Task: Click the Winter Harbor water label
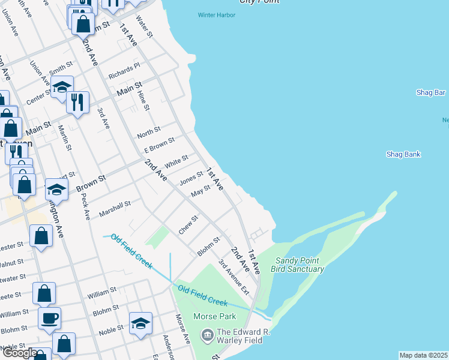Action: coord(217,15)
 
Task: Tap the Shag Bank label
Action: coord(403,154)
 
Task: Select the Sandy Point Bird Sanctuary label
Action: coord(300,265)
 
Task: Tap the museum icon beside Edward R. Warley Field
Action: coord(207,334)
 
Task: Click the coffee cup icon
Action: coord(49,317)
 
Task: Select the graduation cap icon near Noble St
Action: coord(140,323)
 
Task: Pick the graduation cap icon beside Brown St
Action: coord(56,190)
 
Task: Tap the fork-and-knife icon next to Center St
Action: coord(77,102)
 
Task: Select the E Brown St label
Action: coord(159,145)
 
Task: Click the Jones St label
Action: coord(191,178)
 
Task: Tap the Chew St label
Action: coord(188,225)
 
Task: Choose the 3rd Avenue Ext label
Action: coord(234,276)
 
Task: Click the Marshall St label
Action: coord(115,209)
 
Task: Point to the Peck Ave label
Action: coord(85,206)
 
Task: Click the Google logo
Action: coord(19,353)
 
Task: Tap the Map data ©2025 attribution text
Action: coord(424,355)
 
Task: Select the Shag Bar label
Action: coord(430,92)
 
